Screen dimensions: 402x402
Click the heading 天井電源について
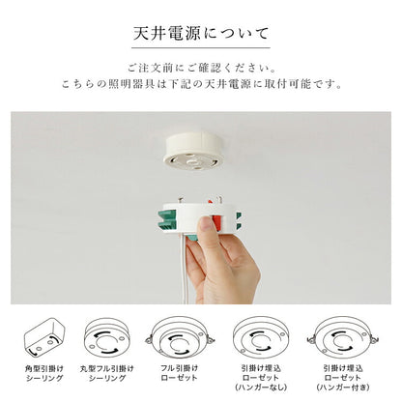[201, 34]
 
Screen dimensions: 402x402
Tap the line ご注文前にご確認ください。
[202, 68]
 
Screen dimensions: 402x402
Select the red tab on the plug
[217, 222]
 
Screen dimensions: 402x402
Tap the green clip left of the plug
[167, 220]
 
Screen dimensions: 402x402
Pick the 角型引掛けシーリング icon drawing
[44, 337]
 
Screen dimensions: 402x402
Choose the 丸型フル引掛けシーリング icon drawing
[106, 337]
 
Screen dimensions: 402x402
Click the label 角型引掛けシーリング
[44, 373]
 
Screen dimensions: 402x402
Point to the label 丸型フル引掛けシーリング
[106, 373]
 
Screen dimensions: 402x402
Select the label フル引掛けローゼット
[179, 372]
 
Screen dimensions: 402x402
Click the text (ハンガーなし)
[261, 387]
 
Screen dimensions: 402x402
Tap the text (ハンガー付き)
[343, 387]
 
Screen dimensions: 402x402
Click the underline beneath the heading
[201, 48]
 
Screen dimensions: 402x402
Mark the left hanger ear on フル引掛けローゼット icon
[149, 338]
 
